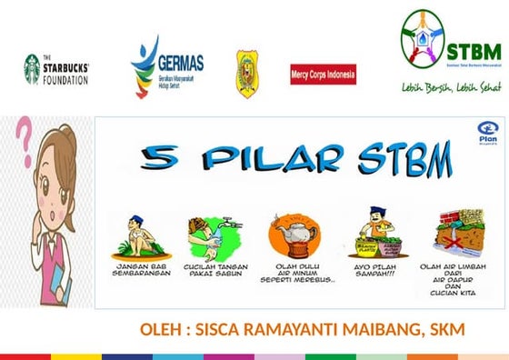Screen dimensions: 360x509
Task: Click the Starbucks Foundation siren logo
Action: pyautogui.click(x=33, y=68)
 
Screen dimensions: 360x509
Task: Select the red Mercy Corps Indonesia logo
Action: pyautogui.click(x=322, y=74)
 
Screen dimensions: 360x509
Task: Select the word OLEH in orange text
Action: pyautogui.click(x=160, y=328)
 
